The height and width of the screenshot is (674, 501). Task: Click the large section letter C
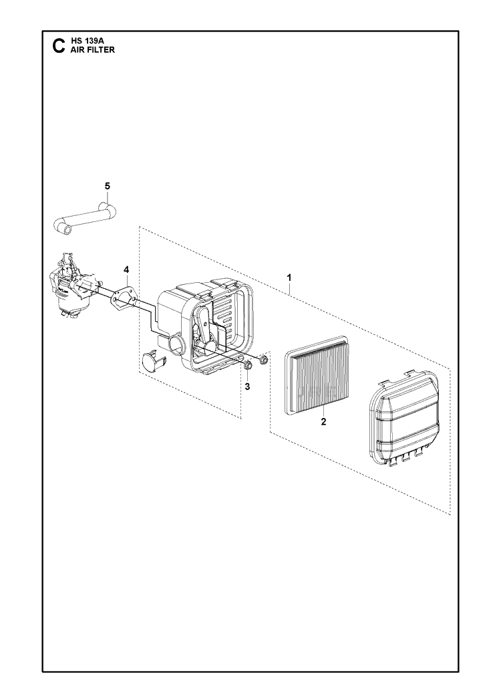point(57,46)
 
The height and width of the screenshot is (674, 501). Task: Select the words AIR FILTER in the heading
point(90,50)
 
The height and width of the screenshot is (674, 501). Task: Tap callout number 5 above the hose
point(108,186)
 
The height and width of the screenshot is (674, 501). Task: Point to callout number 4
point(126,269)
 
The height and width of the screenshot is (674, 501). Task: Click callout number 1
point(289,277)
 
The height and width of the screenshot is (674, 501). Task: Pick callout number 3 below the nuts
point(247,387)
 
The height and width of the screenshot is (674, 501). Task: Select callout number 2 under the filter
point(323,422)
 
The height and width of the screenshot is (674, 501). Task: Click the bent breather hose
point(86,219)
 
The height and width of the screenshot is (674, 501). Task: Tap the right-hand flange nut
point(264,358)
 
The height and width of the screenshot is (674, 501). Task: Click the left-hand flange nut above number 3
point(248,366)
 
